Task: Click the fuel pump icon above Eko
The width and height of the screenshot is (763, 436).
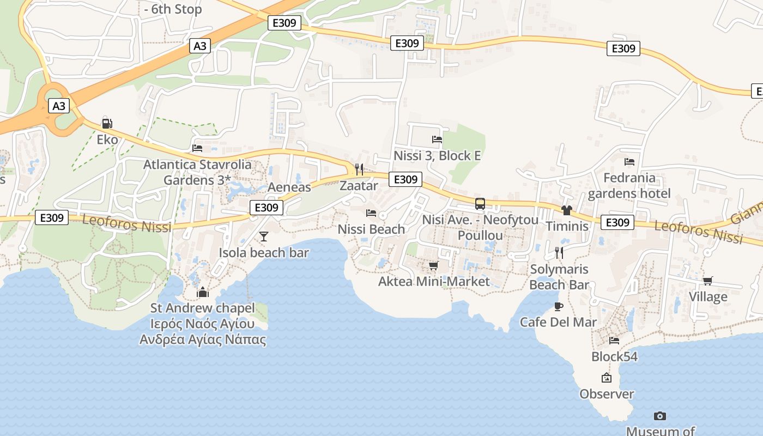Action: pos(107,124)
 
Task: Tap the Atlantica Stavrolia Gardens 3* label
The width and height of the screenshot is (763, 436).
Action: pos(197,172)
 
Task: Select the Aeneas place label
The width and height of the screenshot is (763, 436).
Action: pos(289,187)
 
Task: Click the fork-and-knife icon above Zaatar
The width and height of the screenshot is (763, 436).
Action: pos(359,169)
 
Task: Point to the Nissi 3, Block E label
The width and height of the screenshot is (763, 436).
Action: pos(437,156)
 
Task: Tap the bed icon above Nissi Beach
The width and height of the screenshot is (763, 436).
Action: pos(371,213)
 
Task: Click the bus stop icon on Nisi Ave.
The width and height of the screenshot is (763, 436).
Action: pos(480,204)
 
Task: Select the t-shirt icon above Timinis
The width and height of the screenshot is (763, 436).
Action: pos(567,210)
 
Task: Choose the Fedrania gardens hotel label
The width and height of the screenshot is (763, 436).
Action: pos(629,185)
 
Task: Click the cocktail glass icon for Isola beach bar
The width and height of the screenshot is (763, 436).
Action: pos(264,236)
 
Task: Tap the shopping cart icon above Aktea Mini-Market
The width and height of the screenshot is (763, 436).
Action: pos(433,265)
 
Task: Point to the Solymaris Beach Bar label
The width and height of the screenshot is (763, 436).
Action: pos(559,277)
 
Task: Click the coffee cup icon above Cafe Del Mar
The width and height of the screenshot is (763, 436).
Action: pos(558,306)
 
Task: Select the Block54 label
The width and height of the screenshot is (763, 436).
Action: pos(614,357)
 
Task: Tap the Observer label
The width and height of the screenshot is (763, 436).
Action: pos(607,394)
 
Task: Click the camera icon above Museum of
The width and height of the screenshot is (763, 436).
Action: pos(660,416)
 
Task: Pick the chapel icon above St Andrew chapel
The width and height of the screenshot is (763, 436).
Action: pos(203,293)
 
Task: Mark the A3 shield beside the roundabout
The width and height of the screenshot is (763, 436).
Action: pos(59,106)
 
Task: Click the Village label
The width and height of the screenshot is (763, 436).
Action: pos(708,297)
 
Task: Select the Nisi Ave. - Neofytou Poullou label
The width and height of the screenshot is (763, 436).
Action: pos(480,228)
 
